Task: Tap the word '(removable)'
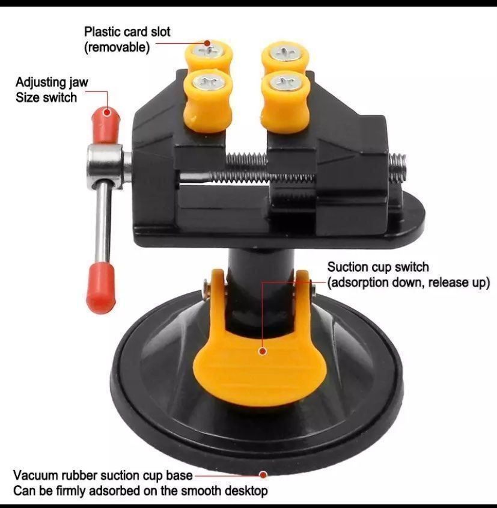click(x=117, y=47)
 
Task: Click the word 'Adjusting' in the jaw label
click(x=38, y=82)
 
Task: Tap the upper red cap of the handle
click(x=106, y=126)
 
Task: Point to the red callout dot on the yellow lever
click(x=263, y=351)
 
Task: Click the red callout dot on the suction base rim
click(x=263, y=475)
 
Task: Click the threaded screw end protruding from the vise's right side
click(x=397, y=167)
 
